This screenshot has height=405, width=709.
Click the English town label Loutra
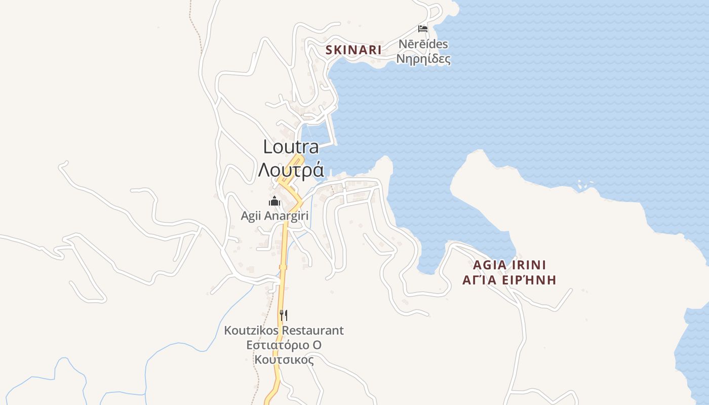coord(291,147)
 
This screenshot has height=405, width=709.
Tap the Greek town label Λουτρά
coord(291,170)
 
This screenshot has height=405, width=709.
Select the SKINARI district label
coord(353,50)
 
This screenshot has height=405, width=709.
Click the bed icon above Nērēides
coord(423,29)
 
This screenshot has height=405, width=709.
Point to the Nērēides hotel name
coord(423,44)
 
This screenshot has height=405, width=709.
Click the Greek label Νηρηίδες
coord(423,59)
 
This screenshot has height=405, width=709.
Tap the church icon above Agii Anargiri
coord(274,201)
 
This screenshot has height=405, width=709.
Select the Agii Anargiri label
coord(274,216)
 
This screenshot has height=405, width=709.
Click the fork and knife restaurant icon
coord(284,315)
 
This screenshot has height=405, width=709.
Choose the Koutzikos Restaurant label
coord(284,331)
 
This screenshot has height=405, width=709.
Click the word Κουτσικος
coord(284,360)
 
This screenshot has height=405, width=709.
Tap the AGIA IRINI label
coord(509,265)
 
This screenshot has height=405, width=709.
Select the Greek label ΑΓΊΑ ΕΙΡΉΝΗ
coord(509,280)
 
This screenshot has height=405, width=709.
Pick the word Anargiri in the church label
coord(285,216)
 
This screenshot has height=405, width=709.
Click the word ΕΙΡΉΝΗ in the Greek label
coord(532,280)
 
